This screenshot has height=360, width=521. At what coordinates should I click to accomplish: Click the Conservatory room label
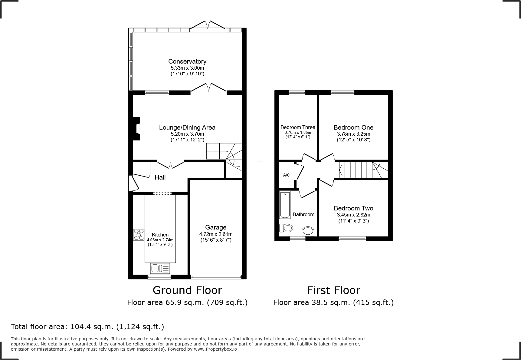point(187,61)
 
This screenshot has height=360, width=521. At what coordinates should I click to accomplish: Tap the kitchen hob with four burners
point(139,235)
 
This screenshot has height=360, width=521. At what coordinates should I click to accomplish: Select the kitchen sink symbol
point(160,268)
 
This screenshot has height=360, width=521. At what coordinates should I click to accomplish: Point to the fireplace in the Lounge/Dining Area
point(136,129)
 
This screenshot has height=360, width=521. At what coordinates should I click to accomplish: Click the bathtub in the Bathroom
point(285,205)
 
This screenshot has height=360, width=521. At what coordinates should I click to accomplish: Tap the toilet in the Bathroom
point(286,228)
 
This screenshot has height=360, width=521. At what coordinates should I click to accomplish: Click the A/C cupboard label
point(286,175)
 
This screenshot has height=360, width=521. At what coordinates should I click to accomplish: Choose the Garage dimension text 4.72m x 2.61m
point(216,234)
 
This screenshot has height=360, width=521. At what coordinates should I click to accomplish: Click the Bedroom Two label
point(353,208)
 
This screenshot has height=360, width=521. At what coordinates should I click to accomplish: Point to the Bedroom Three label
point(298,127)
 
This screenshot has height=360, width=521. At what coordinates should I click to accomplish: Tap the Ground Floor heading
point(187,290)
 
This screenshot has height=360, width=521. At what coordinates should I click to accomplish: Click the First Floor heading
point(333,290)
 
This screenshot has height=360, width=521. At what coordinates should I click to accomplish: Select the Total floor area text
point(87,327)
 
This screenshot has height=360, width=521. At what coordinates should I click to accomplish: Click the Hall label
point(160,177)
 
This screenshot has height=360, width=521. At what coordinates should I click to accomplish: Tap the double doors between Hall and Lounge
point(171,164)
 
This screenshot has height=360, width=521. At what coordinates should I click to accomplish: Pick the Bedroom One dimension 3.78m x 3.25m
point(353,134)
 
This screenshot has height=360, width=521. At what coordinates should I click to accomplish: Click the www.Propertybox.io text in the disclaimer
point(215,349)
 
